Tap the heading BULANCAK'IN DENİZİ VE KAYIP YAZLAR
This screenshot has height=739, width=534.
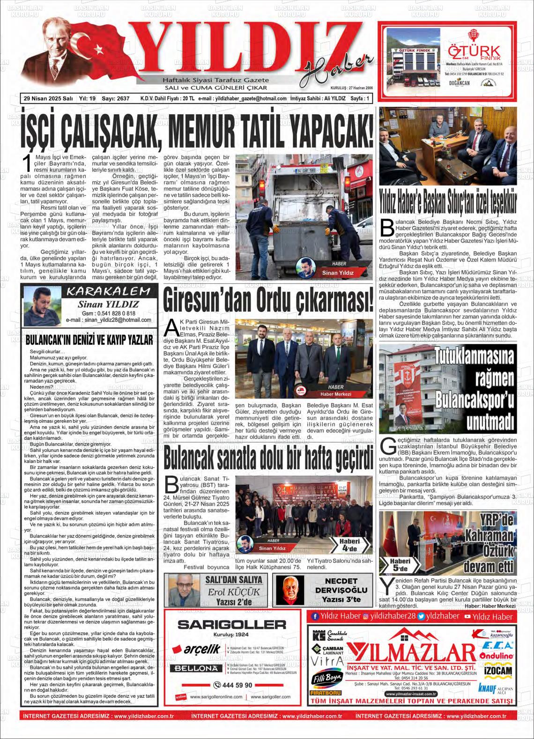coord(89,339)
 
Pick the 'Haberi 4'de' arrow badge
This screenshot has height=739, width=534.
coord(351,544)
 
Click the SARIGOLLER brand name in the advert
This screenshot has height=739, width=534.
coord(232,624)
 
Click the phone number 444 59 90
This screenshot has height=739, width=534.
coord(233,685)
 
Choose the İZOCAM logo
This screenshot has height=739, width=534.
coord(497,671)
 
